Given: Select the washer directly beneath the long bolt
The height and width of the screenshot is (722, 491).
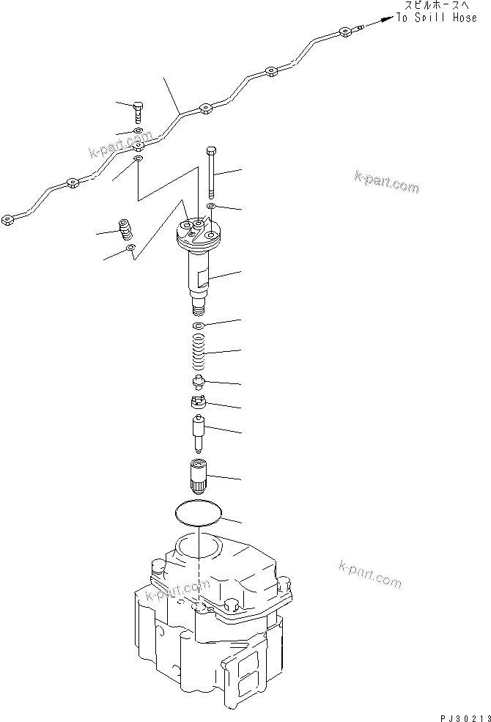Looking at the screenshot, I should coord(211,207).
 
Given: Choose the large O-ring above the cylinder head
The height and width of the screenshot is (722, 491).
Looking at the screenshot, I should coord(198,512).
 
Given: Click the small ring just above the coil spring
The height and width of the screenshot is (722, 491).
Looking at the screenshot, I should coord(197,325).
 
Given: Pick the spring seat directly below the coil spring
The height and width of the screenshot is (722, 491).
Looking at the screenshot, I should coord(197,381).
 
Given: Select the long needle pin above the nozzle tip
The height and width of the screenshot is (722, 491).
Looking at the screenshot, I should coord(197,433).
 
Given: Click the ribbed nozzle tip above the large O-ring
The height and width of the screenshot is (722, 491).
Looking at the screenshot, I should coord(197,476).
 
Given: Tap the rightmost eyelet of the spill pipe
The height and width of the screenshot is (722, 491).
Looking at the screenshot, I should coord(344,32).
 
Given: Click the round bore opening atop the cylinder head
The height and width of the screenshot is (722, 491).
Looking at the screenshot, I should coord(198,546).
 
